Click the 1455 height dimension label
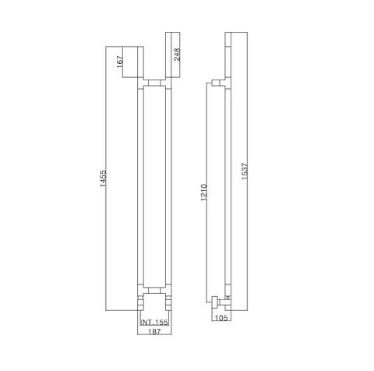[103, 178]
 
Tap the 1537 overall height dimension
[245, 171]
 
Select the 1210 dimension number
[204, 192]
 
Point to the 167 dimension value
[119, 62]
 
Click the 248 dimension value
[177, 55]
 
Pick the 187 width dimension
[154, 331]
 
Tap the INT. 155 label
[154, 323]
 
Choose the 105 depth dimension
[221, 318]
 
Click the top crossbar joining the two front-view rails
[154, 83]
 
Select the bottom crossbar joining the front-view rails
[154, 291]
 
